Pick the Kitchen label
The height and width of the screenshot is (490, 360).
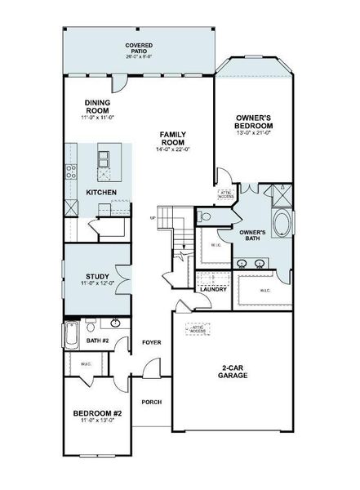point(100,193)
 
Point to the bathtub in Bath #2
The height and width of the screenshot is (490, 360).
point(70,336)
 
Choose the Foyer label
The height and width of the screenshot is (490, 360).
point(150,341)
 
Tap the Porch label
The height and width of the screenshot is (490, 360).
point(150,403)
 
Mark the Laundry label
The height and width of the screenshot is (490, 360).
point(212,289)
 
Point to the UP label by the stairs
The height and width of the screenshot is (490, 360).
point(153,217)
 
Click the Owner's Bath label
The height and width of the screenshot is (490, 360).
point(250,235)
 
